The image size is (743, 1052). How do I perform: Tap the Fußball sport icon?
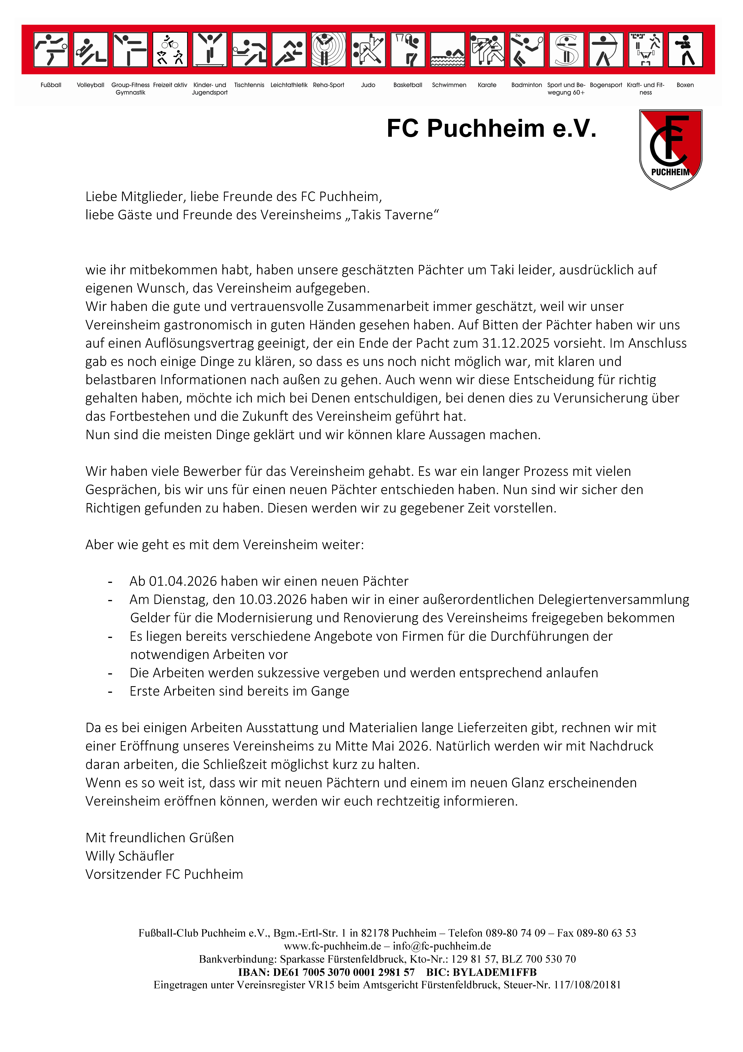coord(51,50)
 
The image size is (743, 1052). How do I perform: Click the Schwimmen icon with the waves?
coord(448,50)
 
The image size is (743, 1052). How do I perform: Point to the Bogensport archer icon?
coord(606,50)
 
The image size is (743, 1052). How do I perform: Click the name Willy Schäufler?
coord(130,856)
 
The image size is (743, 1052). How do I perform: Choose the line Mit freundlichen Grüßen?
coord(160,838)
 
